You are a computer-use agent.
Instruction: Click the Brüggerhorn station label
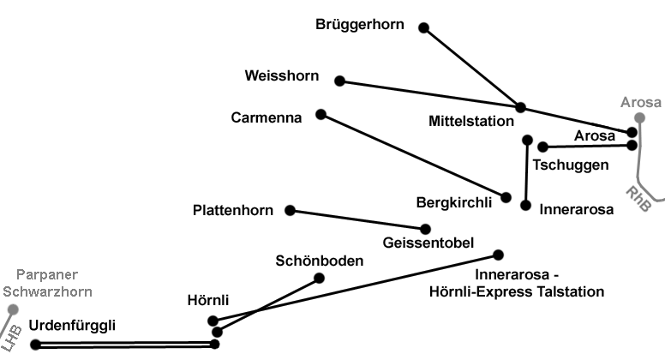click(x=359, y=25)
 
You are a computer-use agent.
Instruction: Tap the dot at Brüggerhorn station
click(x=423, y=27)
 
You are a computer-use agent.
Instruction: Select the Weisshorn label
click(x=281, y=76)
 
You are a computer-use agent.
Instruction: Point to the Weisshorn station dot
click(x=339, y=81)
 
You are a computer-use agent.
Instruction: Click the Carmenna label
click(x=267, y=118)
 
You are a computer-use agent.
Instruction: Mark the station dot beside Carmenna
click(x=321, y=114)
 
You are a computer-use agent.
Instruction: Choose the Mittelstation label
click(x=471, y=122)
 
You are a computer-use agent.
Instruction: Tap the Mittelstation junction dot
click(x=520, y=107)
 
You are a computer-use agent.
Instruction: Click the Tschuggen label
click(x=571, y=165)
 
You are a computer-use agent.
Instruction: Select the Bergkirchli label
click(x=453, y=203)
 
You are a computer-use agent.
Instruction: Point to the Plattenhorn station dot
click(x=290, y=210)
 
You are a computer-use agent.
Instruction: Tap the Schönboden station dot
click(x=320, y=278)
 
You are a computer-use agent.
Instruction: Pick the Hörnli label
click(x=208, y=300)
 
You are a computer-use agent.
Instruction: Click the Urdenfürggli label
click(x=72, y=325)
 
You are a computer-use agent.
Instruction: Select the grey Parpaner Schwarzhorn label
click(x=47, y=283)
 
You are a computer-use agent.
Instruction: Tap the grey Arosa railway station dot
click(x=639, y=118)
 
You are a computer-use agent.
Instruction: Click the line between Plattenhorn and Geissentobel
click(x=357, y=219)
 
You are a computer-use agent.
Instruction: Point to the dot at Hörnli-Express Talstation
click(x=498, y=255)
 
